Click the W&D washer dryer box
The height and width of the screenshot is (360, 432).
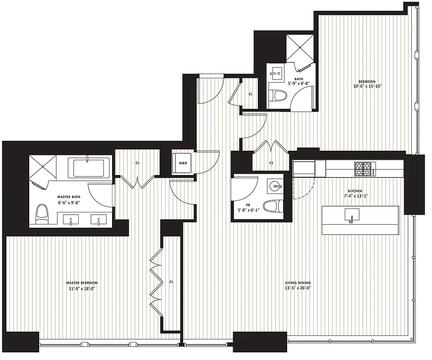click(x=184, y=163)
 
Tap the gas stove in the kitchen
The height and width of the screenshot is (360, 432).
click(x=364, y=169)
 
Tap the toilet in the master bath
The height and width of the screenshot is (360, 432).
click(x=42, y=214)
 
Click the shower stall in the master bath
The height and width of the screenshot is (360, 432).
click(x=44, y=169)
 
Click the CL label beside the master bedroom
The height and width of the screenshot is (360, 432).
click(x=171, y=282)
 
